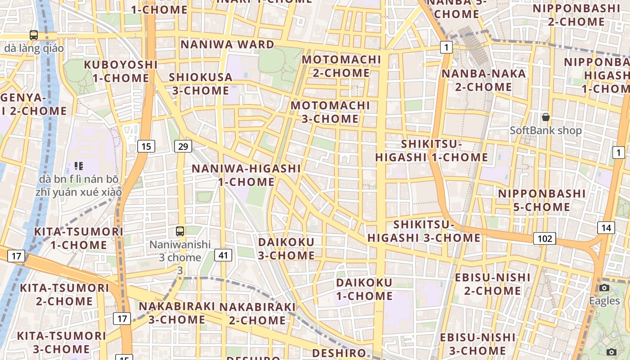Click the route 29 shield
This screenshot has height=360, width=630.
[183, 146]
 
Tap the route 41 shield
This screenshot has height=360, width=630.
[223, 255]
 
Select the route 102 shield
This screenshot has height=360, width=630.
[544, 238]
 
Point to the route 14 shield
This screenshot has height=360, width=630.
[606, 228]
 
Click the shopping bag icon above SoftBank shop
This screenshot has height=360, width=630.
[546, 117]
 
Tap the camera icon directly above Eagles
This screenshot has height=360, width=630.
[604, 288]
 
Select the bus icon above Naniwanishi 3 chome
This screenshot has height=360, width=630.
[180, 231]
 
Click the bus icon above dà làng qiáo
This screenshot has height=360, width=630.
[34, 35]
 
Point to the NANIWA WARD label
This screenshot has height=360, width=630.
[227, 45]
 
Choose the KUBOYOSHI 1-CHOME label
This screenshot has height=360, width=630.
[121, 71]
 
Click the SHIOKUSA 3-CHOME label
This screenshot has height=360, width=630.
[201, 84]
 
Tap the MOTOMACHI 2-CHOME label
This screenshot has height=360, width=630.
[342, 66]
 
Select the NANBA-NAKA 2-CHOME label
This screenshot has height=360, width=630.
[484, 80]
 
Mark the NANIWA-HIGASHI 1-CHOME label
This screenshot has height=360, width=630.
[246, 175]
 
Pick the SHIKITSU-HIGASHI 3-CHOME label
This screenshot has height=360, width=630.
[424, 231]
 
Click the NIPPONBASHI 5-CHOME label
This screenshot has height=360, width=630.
[542, 200]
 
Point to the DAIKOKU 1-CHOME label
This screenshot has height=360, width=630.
[364, 289]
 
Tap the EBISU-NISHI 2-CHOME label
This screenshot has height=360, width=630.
[493, 284]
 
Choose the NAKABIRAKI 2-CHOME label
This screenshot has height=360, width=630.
[257, 314]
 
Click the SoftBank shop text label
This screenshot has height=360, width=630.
[546, 130]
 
